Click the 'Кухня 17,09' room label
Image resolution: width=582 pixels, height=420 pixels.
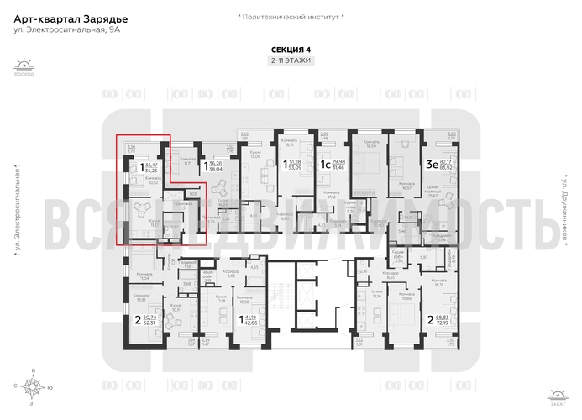tap(255, 155)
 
